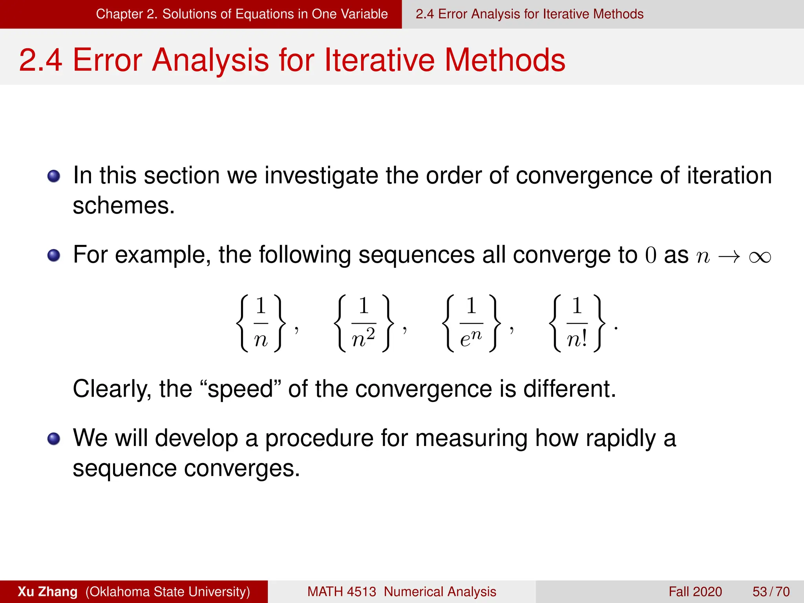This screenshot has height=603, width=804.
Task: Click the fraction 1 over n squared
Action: pos(363,323)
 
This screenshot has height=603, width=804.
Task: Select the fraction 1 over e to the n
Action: pos(471,323)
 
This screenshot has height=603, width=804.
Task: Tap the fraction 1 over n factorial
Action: pos(577,323)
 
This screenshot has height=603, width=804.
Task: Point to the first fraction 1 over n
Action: pos(261,323)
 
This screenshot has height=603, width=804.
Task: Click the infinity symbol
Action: pos(760,257)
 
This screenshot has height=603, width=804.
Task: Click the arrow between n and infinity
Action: pos(729,257)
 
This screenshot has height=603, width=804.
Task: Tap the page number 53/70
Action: pos(771,592)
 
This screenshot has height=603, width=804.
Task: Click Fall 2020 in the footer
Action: pos(695,592)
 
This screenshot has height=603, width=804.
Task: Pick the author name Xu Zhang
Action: pos(48,592)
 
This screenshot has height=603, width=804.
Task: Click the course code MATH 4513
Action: pos(342,592)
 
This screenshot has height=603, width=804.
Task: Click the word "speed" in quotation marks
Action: pos(240,389)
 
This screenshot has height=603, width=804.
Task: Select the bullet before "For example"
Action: pos(54,255)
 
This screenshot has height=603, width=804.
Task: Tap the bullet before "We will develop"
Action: pos(54,439)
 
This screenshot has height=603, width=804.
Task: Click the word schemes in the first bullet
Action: pos(123,206)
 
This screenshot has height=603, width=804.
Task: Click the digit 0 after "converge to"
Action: pos(651,255)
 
